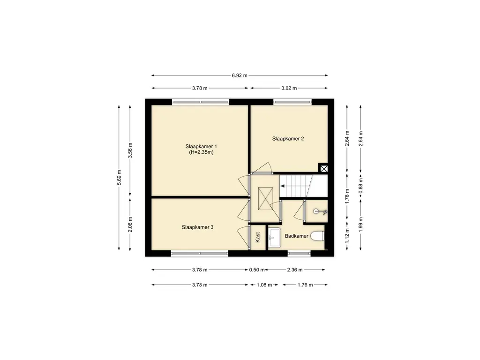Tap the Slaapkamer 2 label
288,139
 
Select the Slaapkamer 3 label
197,227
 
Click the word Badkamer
296,236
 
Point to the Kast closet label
257,237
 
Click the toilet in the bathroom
317,236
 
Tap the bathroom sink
275,238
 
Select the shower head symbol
320,211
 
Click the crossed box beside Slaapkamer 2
324,168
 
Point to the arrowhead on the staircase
282,186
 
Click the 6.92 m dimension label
240,75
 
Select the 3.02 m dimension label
289,88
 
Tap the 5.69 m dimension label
120,177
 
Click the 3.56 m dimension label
130,150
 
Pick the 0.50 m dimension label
257,270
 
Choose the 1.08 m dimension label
264,285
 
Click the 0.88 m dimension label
360,186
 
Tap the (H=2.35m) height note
201,152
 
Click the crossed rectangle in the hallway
265,199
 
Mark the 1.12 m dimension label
347,236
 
